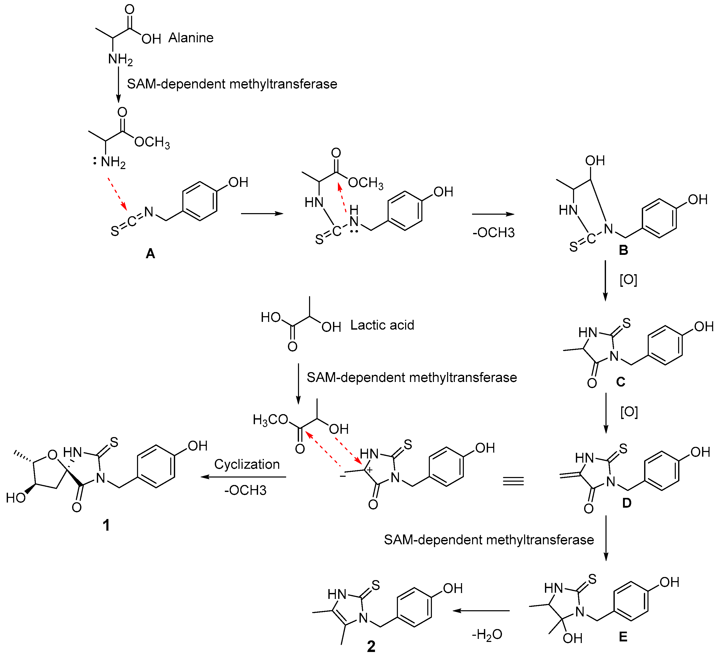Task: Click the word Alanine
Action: tap(191, 38)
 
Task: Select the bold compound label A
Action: tap(150, 254)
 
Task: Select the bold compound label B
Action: tap(623, 250)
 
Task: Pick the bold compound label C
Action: tap(620, 382)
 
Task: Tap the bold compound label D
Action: tap(627, 503)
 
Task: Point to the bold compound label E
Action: tap(623, 637)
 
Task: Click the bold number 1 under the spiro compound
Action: tap(106, 525)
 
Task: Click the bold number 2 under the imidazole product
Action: tap(371, 646)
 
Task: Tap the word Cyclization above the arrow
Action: tap(247, 464)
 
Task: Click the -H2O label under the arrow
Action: tap(487, 634)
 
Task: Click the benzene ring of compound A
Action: tap(199, 201)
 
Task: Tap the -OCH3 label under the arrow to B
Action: tap(493, 232)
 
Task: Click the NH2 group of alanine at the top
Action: tap(120, 59)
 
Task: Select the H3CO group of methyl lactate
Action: tap(270, 420)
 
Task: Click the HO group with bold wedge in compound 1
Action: tap(16, 498)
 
